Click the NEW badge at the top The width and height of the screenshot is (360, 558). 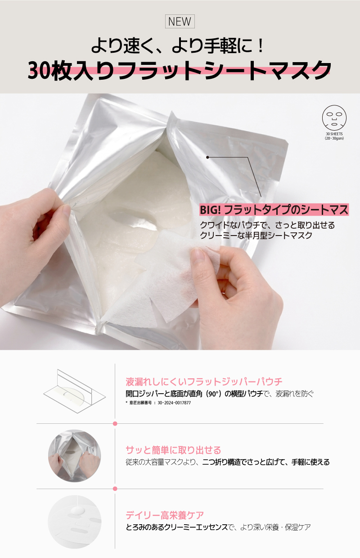(180, 22)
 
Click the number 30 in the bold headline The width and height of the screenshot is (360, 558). (39, 71)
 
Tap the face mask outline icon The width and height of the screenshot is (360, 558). (334, 118)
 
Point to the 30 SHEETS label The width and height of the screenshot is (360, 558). (334, 134)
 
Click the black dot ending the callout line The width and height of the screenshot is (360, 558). (207, 157)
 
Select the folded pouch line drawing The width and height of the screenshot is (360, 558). (75, 391)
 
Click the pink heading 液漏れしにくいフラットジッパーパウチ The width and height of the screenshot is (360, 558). (204, 381)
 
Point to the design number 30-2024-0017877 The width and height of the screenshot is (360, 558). (174, 403)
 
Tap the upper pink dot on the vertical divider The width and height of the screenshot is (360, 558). (115, 423)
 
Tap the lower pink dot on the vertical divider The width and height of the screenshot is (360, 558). (115, 489)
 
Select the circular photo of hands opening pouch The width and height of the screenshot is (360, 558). (74, 456)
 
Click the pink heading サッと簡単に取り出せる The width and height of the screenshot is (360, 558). (173, 450)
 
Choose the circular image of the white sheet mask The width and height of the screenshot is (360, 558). (74, 522)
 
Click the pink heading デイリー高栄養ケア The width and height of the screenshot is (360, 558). (165, 515)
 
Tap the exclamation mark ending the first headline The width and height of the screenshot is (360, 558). (261, 46)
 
